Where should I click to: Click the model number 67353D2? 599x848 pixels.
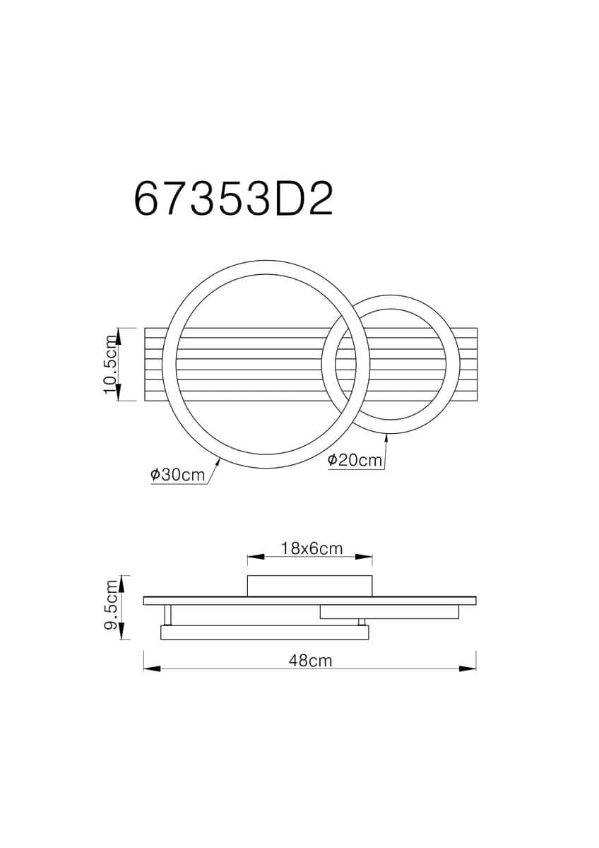234,199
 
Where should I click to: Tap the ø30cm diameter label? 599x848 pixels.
177,474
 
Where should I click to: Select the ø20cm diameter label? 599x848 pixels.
355,460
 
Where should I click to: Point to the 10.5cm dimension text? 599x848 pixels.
110,364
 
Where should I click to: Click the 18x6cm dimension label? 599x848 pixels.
312,548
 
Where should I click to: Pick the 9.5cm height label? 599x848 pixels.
110,604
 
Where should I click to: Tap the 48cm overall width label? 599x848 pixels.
310,661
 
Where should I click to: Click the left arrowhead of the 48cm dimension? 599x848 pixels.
152,669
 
